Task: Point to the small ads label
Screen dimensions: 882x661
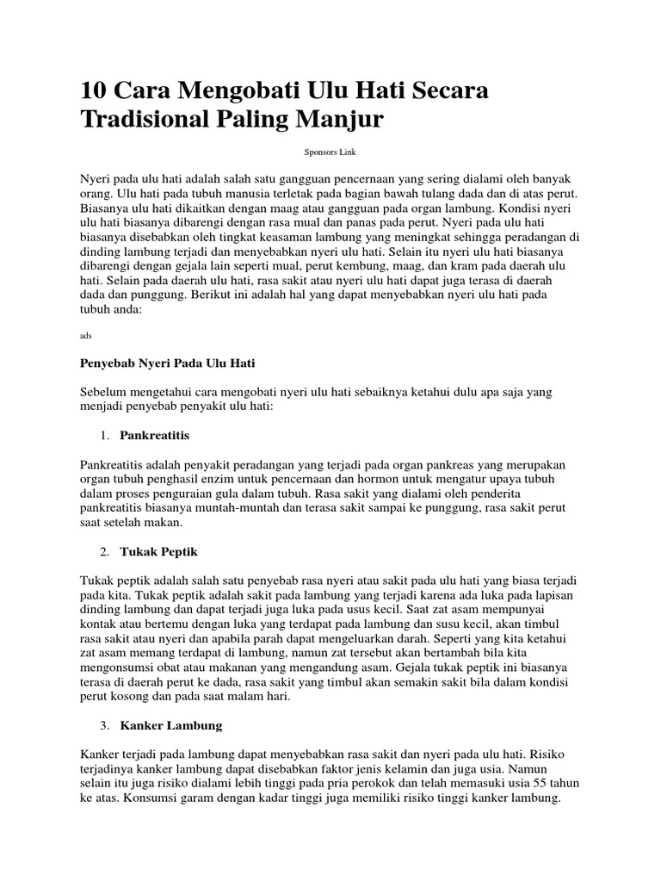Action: (84, 335)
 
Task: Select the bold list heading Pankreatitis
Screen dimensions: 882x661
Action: (155, 436)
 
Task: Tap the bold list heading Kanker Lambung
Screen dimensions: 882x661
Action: (171, 725)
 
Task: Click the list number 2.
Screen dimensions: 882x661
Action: (104, 550)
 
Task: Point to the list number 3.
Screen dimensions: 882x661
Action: (104, 725)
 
